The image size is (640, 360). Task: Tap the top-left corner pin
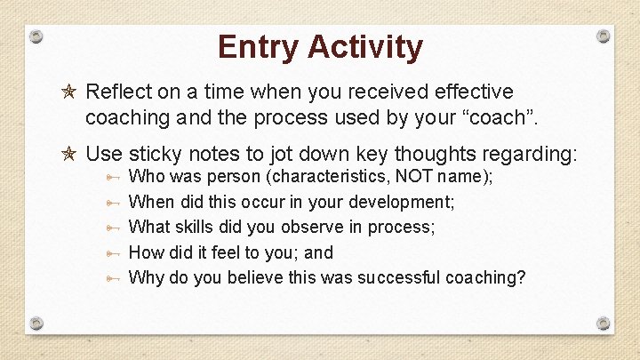tap(36, 36)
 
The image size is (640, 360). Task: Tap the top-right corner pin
tap(604, 36)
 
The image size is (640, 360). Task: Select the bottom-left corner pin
tap(36, 323)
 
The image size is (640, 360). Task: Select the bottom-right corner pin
tap(604, 323)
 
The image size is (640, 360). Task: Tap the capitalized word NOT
tap(414, 177)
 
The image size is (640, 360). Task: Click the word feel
tap(212, 252)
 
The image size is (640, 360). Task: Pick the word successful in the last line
tap(398, 277)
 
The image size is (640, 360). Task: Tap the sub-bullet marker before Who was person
tap(111, 177)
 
